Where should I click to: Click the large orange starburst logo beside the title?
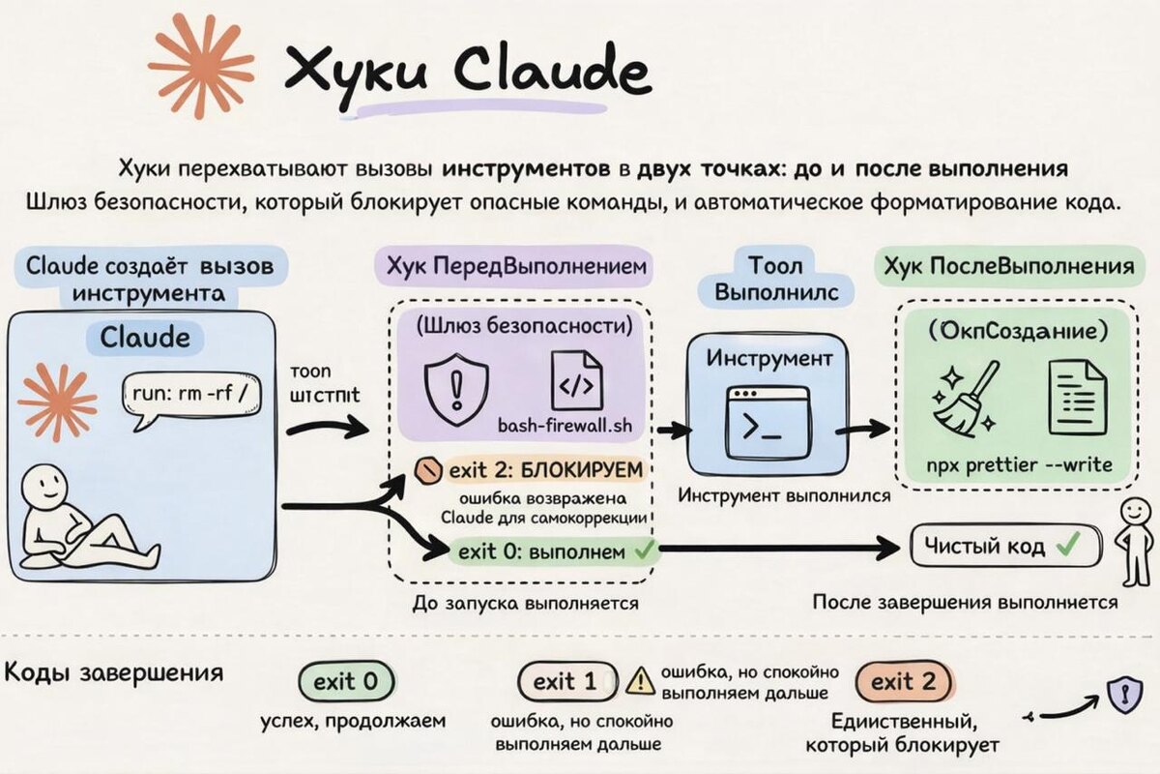tap(200, 64)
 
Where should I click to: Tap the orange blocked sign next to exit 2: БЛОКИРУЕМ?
tap(425, 471)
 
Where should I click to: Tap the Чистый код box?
tap(1005, 547)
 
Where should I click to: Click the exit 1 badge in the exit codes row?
tap(566, 682)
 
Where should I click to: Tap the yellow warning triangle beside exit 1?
tap(640, 681)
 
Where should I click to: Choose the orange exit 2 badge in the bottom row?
tap(904, 682)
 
